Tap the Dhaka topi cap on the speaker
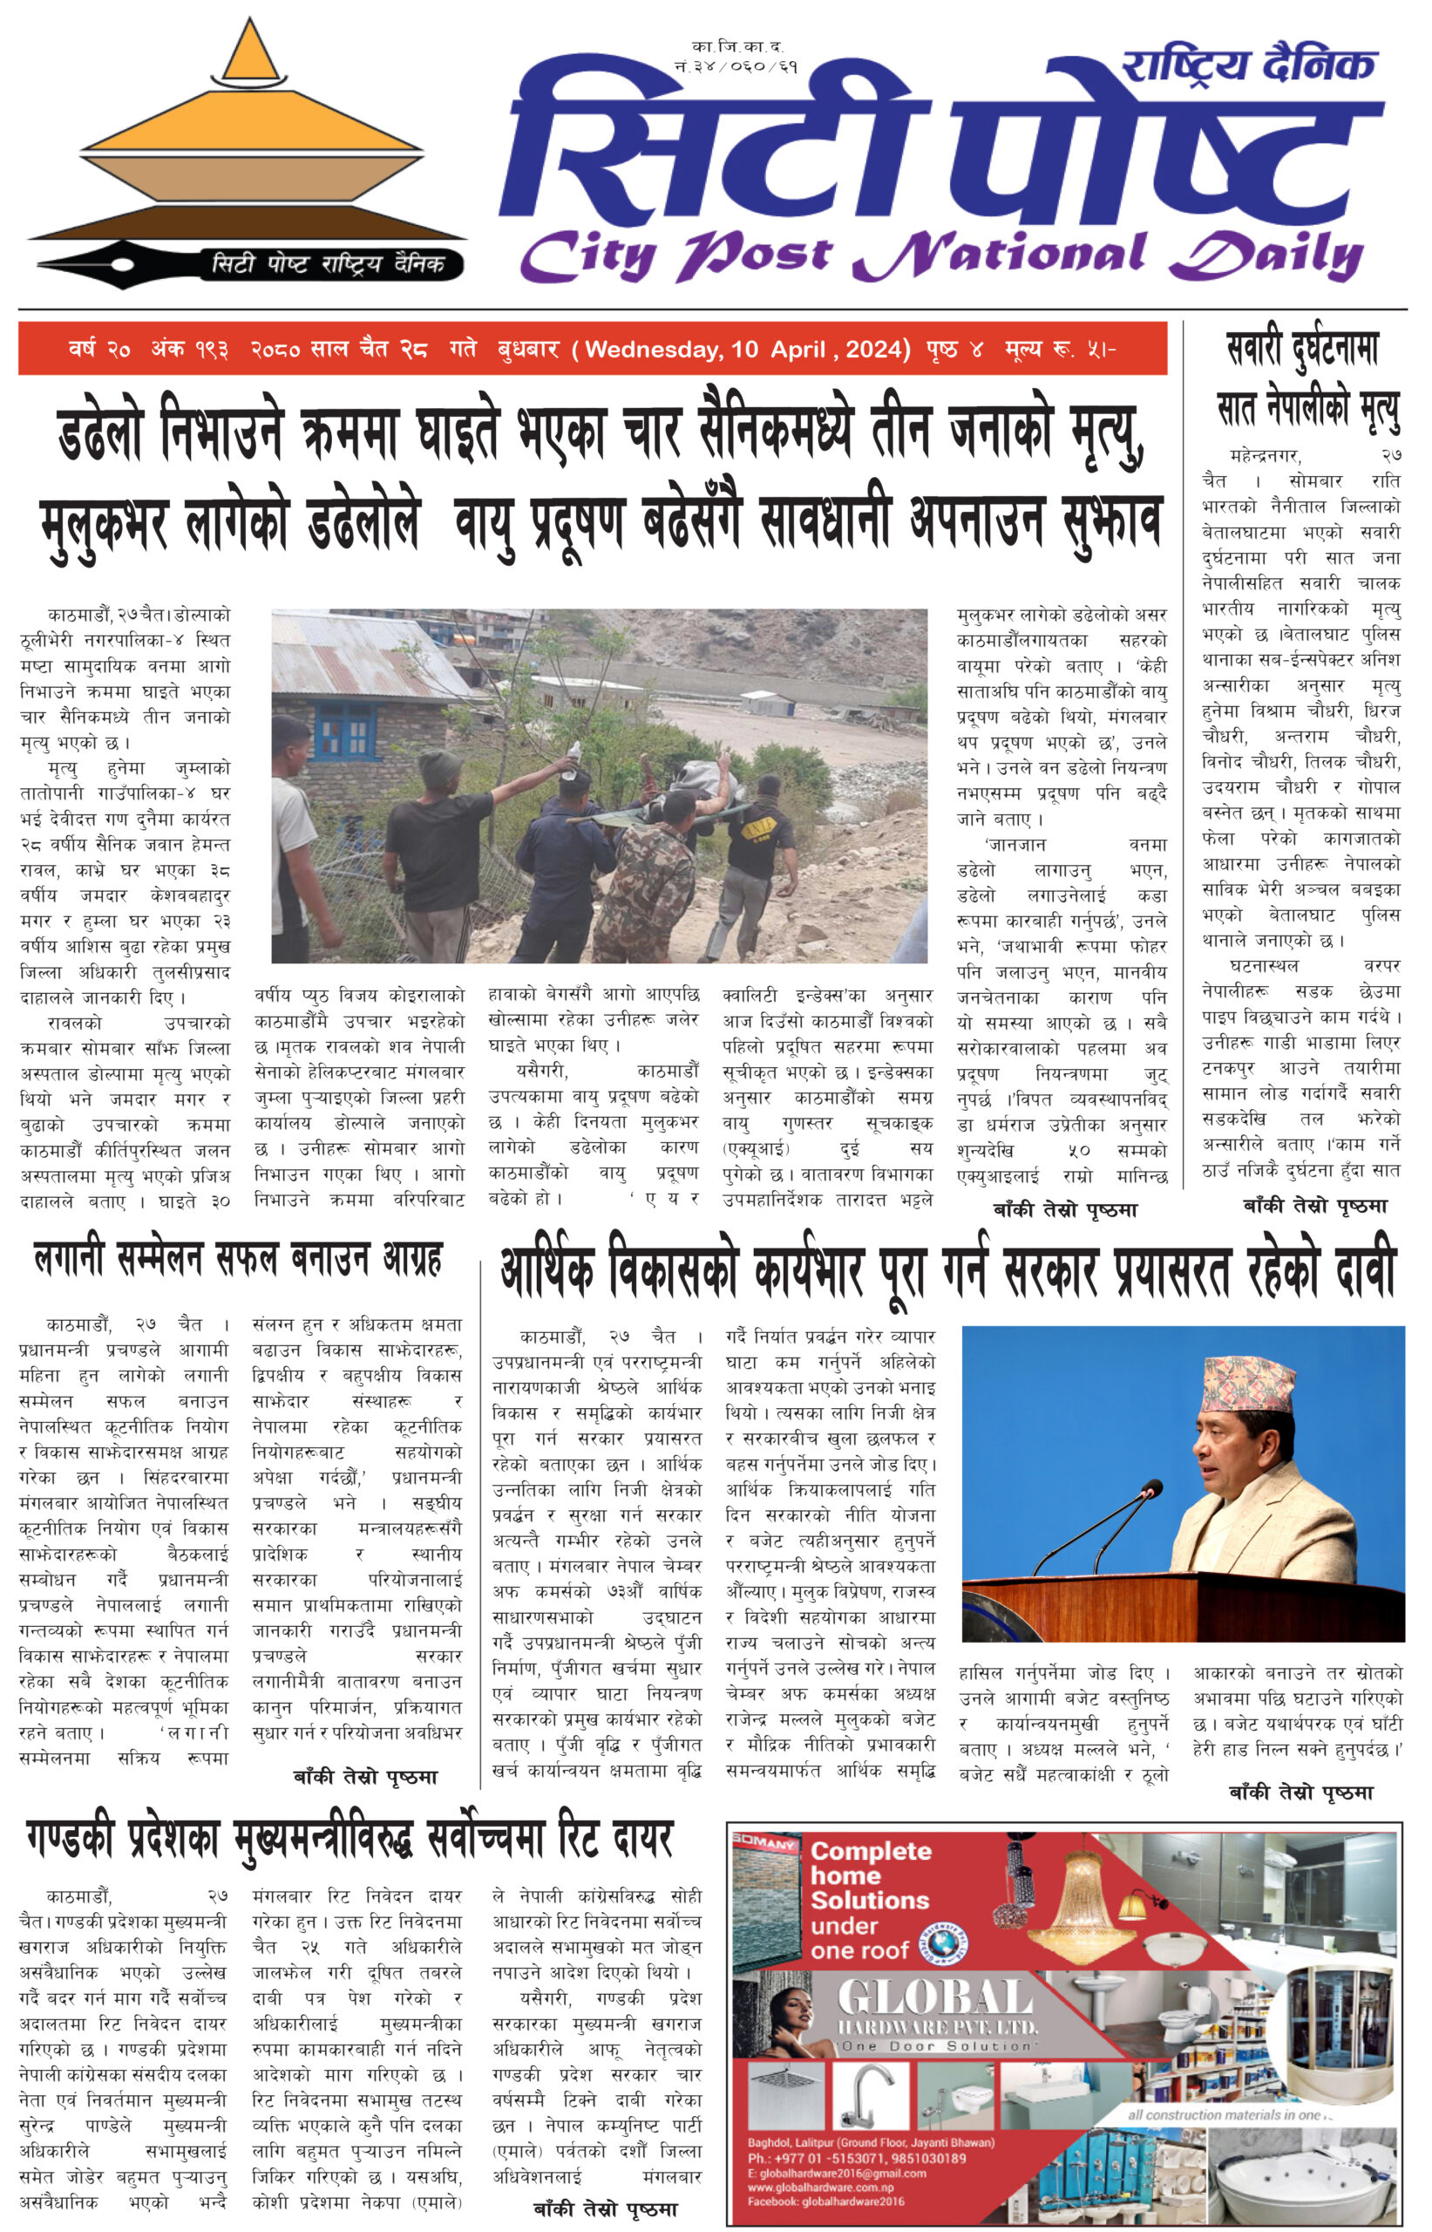(1248, 1385)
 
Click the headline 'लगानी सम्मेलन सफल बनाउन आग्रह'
(238, 1259)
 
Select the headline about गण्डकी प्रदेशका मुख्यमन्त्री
(348, 1839)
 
